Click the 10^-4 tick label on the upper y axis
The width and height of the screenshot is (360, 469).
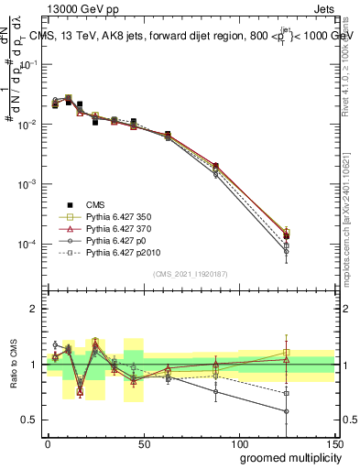point(30,245)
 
